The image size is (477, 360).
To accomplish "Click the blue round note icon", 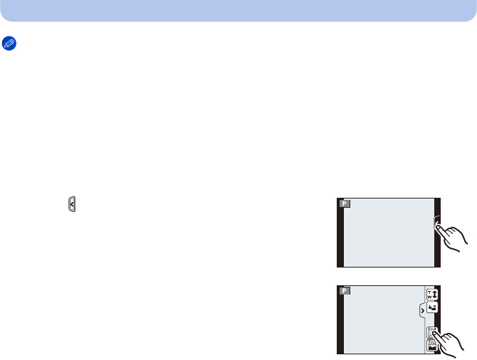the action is click(9, 43).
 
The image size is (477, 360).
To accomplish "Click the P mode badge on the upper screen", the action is click(345, 203).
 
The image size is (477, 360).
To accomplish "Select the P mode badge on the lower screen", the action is click(345, 291).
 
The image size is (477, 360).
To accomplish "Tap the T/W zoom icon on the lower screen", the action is click(431, 294).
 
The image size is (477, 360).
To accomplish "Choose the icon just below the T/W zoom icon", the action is click(431, 308).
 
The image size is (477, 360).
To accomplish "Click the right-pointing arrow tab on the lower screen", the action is click(422, 311).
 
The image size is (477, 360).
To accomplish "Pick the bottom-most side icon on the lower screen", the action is click(431, 346).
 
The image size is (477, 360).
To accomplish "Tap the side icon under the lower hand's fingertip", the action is click(431, 332).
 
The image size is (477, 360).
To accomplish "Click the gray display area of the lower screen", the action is click(381, 319).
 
